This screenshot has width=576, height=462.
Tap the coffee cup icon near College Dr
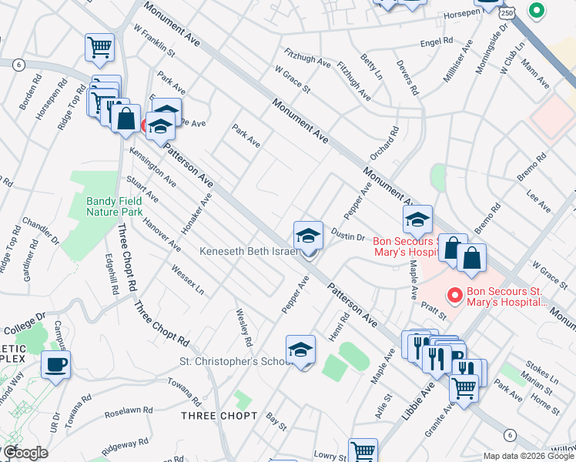55,365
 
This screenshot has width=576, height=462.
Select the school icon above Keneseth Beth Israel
308,236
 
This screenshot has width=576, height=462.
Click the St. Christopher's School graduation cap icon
300,350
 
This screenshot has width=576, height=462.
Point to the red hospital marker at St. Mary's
455,294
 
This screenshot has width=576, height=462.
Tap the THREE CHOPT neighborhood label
219,416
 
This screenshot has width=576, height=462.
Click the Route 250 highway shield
506,13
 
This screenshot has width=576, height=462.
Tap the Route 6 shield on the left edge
18,64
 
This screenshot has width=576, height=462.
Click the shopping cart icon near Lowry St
363,451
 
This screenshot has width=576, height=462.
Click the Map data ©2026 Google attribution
528,456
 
